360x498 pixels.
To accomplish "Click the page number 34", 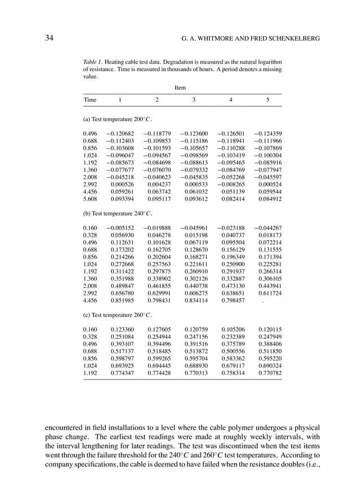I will click(x=50, y=38).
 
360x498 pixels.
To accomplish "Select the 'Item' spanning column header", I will click(x=180, y=88).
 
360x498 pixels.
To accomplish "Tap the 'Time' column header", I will click(x=90, y=100).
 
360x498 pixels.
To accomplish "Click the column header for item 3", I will click(x=194, y=100).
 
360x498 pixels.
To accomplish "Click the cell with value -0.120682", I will click(x=120, y=134).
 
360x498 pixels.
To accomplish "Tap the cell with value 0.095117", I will click(x=158, y=198).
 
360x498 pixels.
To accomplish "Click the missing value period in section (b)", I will click(x=263, y=301).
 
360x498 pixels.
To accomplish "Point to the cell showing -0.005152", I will click(x=120, y=229).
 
